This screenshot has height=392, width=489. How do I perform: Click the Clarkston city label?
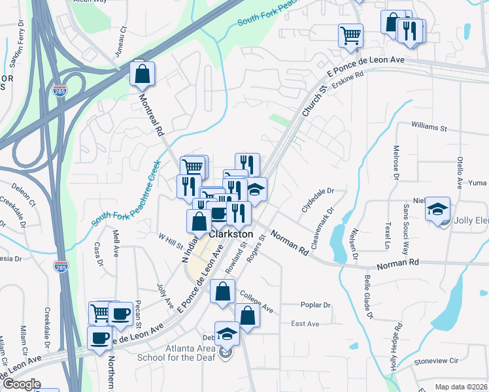pyautogui.click(x=231, y=234)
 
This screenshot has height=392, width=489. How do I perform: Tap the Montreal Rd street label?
pyautogui.click(x=151, y=113)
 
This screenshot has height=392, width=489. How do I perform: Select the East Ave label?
pyautogui.click(x=305, y=324)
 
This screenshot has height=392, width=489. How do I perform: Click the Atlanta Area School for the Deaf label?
pyautogui.click(x=182, y=353)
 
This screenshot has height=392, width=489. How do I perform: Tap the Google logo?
pyautogui.click(x=21, y=384)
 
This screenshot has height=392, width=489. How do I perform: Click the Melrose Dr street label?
pyautogui.click(x=396, y=161)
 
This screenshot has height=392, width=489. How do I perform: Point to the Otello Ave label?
pyautogui.click(x=460, y=171)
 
